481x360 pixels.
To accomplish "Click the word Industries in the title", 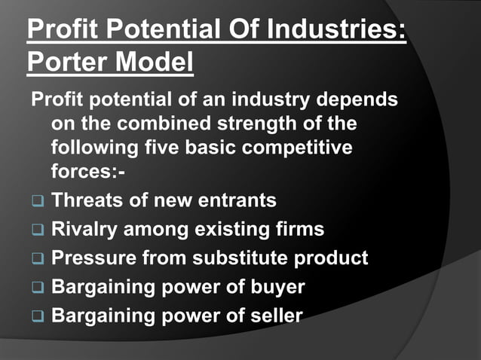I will click(346, 33).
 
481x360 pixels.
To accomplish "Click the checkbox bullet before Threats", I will click(38, 202).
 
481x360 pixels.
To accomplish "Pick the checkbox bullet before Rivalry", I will click(38, 230).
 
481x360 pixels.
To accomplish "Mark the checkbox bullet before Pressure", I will click(38, 259).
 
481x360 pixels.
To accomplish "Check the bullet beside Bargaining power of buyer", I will click(38, 288).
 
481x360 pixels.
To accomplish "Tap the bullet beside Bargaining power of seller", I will click(38, 316).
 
